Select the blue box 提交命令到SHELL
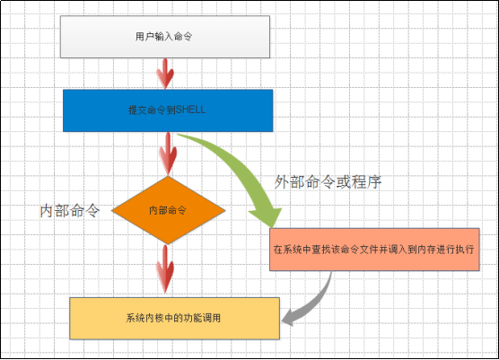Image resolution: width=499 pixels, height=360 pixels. tap(168, 110)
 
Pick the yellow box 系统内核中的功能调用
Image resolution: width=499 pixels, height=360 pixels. tap(174, 317)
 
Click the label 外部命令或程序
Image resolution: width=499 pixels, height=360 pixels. tap(328, 181)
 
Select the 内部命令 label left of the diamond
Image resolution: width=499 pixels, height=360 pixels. tap(69, 210)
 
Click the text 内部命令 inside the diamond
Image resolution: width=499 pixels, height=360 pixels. tap(168, 210)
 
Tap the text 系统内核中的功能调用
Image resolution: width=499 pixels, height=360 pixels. tap(174, 317)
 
